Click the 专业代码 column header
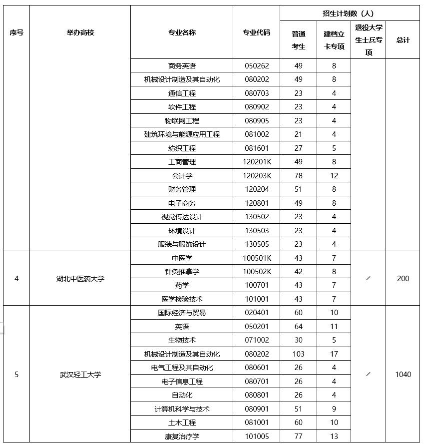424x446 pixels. click(x=256, y=32)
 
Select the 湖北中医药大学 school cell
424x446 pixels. click(x=80, y=279)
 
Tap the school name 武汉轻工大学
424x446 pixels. click(x=80, y=374)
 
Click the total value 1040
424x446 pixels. click(x=403, y=374)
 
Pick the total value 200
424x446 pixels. click(x=403, y=279)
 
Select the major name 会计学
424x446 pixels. click(x=182, y=176)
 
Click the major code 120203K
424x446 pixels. click(x=257, y=176)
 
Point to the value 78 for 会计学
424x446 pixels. click(x=298, y=176)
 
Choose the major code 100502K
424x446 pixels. click(x=257, y=272)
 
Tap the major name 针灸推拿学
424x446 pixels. click(x=182, y=272)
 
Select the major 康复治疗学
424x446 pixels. click(x=182, y=437)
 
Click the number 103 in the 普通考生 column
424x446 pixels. click(x=298, y=354)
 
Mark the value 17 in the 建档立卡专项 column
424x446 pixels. click(x=334, y=354)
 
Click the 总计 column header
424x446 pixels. click(x=403, y=40)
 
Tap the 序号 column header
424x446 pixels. click(x=16, y=32)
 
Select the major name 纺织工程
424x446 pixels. click(x=182, y=148)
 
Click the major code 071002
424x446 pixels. click(x=257, y=340)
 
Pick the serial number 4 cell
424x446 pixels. click(x=16, y=279)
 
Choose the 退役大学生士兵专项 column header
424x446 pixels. click(x=369, y=40)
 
